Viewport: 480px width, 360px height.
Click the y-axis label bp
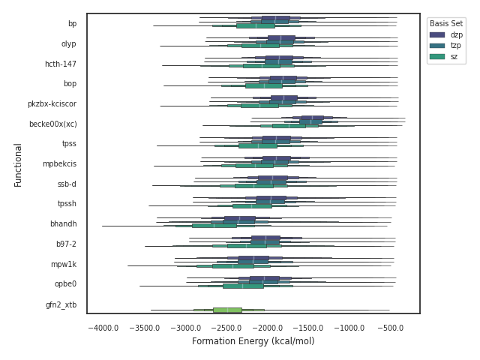[x=72, y=24]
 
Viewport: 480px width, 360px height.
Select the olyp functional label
[x=68, y=44]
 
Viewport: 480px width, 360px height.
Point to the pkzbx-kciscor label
[x=52, y=103]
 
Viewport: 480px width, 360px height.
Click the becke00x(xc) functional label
[x=52, y=124]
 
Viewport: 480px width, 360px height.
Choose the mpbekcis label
[x=59, y=163]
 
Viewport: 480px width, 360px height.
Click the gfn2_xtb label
[x=61, y=304]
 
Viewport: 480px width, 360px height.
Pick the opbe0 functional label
[x=65, y=284]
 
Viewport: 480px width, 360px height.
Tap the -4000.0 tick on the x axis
[x=103, y=328]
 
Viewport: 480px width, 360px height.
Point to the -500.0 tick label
[x=391, y=328]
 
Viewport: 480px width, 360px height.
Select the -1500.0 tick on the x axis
[x=309, y=328]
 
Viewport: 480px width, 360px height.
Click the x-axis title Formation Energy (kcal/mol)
[x=253, y=341]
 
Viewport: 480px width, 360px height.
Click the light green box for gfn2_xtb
[x=227, y=310]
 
